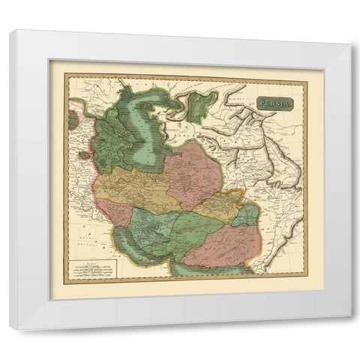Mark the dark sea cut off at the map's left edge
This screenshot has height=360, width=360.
[72, 119]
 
